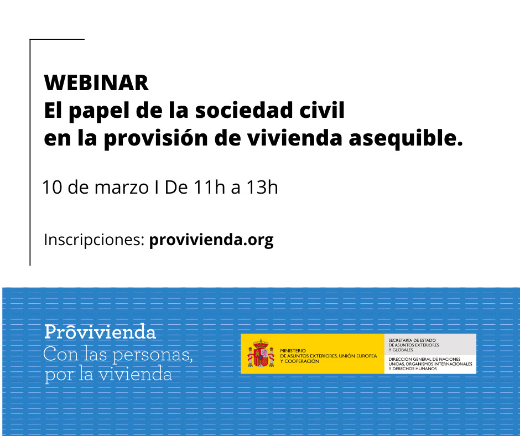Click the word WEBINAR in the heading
tap(96, 82)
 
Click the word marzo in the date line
tap(121, 188)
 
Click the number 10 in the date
tap(53, 187)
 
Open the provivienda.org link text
tap(211, 240)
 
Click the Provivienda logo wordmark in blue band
tap(100, 332)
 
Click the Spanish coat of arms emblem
tap(261, 354)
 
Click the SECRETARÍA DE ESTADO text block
tap(414, 345)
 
